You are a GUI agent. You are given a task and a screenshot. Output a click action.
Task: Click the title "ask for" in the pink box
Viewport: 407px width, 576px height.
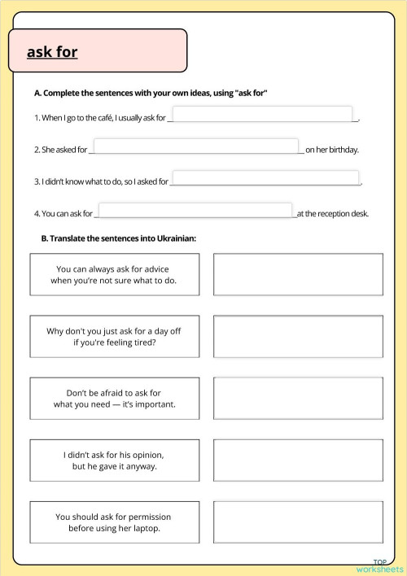(x=52, y=52)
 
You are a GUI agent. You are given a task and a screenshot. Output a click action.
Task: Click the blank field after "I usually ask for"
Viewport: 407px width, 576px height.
(x=262, y=114)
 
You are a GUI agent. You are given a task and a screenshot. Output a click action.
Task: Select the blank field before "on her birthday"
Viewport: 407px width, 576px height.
(x=197, y=146)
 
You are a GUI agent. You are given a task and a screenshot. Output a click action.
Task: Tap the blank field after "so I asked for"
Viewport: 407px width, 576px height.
(x=265, y=178)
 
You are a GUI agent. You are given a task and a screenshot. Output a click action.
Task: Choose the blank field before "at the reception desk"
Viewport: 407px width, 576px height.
(x=195, y=211)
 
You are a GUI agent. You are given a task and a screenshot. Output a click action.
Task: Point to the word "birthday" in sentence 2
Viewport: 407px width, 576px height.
(x=343, y=151)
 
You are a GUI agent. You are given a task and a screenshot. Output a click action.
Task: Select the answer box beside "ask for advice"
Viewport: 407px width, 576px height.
(x=297, y=274)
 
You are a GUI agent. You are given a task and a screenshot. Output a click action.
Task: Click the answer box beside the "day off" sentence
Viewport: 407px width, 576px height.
(x=297, y=337)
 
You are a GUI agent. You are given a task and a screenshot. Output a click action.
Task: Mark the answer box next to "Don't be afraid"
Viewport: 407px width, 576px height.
(x=297, y=398)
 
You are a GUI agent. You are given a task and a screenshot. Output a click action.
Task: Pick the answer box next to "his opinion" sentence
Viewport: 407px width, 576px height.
(x=297, y=460)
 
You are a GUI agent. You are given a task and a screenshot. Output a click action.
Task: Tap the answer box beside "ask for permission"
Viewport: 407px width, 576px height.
(x=297, y=522)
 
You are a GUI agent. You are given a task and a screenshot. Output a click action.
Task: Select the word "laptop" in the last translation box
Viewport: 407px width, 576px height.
(x=142, y=529)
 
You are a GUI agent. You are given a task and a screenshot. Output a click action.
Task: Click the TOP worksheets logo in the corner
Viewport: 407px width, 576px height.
(x=379, y=565)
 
